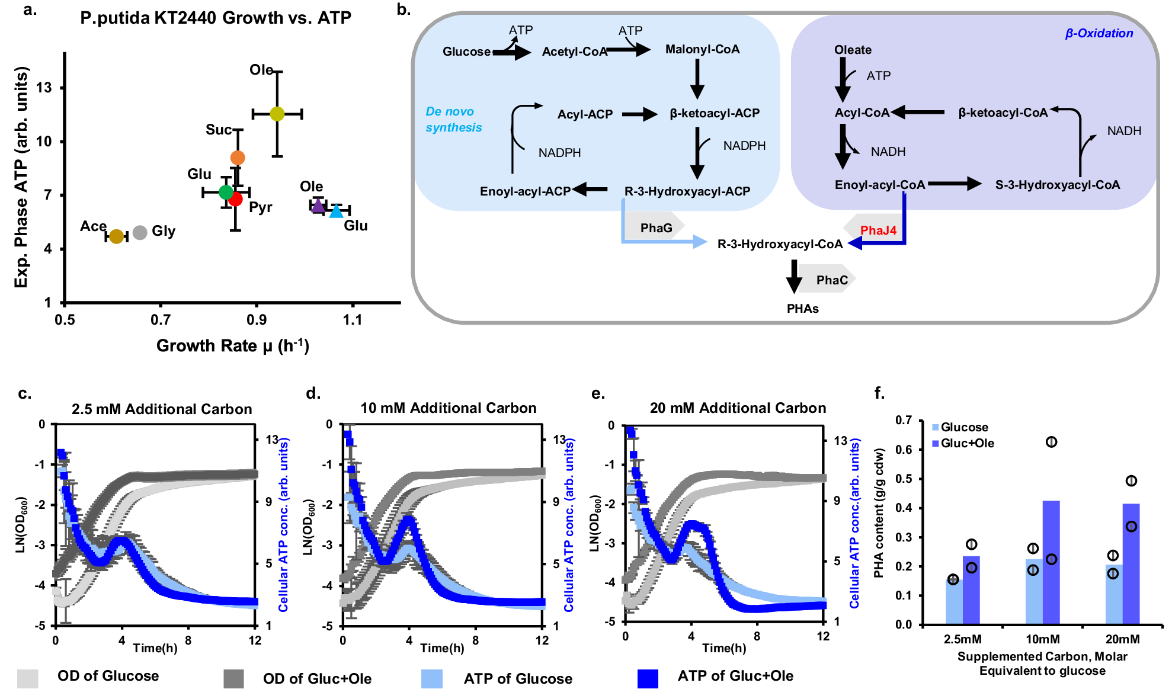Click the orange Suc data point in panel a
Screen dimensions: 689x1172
click(238, 158)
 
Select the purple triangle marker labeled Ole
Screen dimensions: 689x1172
click(318, 206)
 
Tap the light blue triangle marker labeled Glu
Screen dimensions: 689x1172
click(336, 211)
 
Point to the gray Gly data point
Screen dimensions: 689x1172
click(140, 233)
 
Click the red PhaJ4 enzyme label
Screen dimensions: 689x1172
click(878, 230)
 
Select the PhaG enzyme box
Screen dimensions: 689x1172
click(656, 228)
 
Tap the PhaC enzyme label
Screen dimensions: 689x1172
click(832, 280)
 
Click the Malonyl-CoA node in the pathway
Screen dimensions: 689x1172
click(702, 50)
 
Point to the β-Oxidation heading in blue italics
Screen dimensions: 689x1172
click(1099, 34)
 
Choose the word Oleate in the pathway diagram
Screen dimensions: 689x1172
click(853, 50)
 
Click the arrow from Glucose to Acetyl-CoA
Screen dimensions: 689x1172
click(512, 53)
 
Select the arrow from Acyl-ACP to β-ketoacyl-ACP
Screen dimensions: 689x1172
click(639, 114)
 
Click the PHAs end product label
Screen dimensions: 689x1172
click(802, 309)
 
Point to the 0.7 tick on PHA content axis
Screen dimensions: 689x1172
click(904, 421)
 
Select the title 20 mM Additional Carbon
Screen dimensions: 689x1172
click(738, 408)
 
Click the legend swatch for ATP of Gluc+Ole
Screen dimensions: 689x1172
click(648, 678)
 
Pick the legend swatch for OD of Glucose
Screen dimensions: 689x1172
click(28, 678)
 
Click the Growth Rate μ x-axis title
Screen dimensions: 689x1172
click(232, 346)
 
